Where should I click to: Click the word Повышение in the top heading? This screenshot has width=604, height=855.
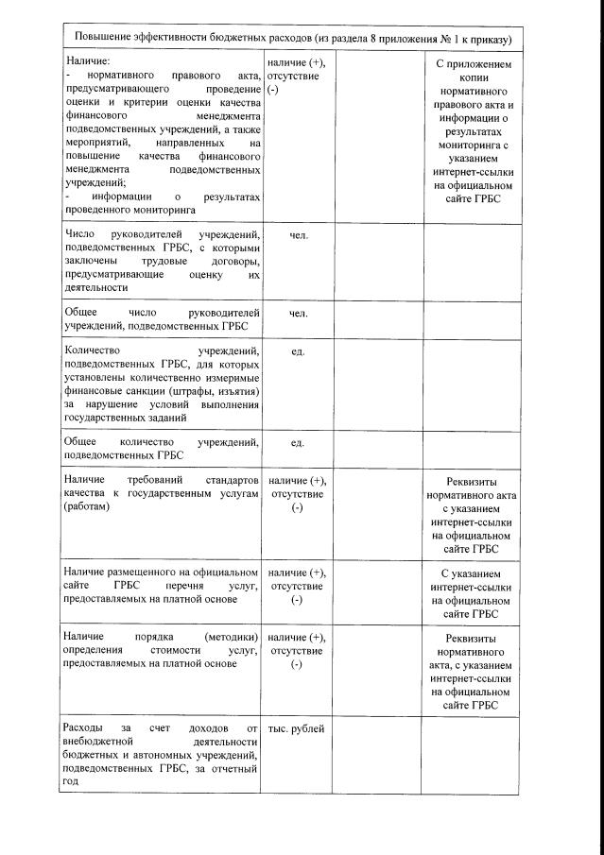click(x=102, y=40)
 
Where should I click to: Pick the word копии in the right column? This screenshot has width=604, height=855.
click(x=474, y=80)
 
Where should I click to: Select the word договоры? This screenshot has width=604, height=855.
click(x=229, y=261)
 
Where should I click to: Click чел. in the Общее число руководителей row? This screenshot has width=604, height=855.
click(x=298, y=313)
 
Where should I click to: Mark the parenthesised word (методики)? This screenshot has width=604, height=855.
click(x=231, y=638)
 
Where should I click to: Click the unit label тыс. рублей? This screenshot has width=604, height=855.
click(x=297, y=729)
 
